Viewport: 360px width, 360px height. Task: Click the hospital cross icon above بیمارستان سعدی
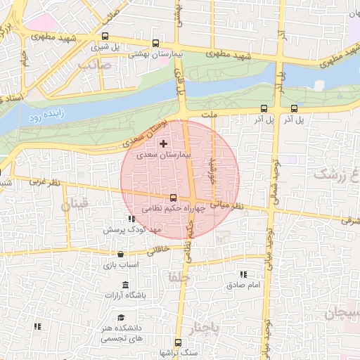pos(164,143)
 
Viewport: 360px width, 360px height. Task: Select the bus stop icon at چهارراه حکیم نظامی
pos(174,198)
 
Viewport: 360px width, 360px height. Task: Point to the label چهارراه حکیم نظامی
pos(173,209)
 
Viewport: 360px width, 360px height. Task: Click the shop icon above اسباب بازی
pos(120,255)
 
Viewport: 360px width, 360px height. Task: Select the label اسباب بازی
pos(120,265)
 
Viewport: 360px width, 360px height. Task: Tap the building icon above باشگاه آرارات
pos(125,285)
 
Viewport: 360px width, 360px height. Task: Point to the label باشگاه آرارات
pos(125,295)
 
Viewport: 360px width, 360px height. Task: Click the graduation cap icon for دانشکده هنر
pos(122,318)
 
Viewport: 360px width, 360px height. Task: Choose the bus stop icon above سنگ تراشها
pos(176,342)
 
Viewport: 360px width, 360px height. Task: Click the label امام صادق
pos(244,285)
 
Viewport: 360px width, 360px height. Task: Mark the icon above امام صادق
pos(243,274)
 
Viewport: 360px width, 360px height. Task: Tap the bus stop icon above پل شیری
pos(105,37)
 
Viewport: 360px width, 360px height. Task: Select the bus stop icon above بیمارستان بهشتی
pos(155,42)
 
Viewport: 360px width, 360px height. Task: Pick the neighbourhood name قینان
pos(75,206)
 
